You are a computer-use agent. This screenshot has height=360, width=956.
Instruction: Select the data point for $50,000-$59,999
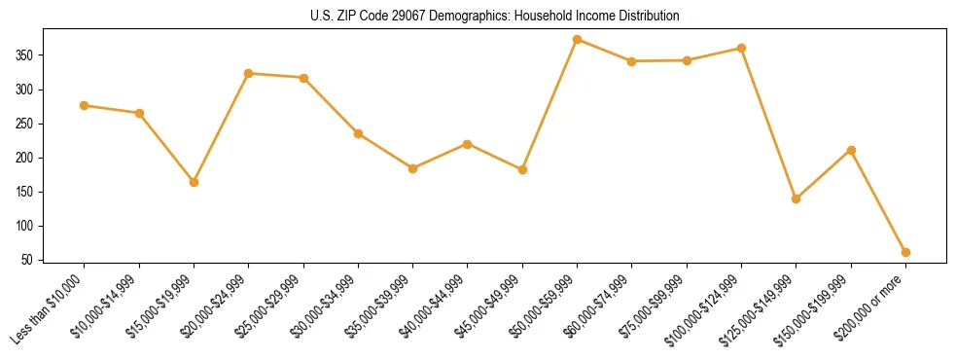[x=578, y=40]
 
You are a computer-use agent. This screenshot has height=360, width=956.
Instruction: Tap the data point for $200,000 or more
[x=905, y=252]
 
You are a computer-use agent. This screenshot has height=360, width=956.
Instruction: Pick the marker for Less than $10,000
[x=85, y=105]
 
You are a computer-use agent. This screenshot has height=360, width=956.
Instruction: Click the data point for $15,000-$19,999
[x=195, y=182]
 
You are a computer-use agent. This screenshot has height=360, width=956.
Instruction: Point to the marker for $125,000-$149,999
[x=797, y=198]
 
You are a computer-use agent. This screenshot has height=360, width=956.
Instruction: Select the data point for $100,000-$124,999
[x=742, y=48]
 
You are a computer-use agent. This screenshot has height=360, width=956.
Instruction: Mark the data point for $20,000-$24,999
[x=249, y=73]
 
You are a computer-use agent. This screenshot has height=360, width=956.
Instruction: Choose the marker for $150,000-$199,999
[x=851, y=150]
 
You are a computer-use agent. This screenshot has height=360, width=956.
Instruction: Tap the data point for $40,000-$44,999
[x=468, y=144]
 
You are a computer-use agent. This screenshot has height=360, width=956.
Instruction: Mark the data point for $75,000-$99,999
[x=687, y=60]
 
